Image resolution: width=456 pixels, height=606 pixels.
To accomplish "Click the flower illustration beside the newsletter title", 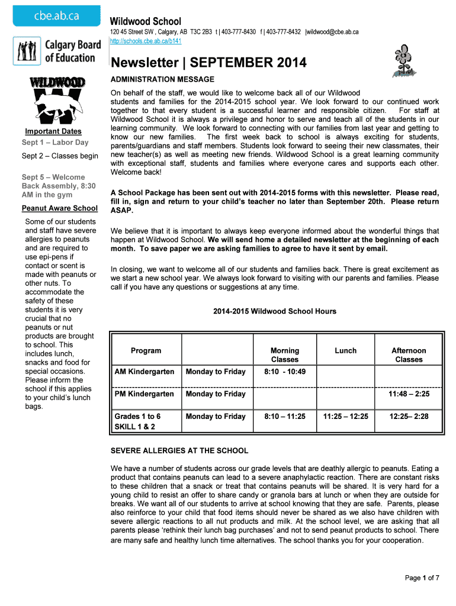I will [x=403, y=60].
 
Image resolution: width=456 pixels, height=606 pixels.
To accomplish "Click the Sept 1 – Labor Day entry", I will [x=55, y=143].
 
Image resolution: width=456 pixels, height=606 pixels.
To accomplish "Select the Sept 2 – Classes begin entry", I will [x=60, y=156].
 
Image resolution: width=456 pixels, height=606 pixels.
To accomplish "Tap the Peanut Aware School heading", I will [x=60, y=208].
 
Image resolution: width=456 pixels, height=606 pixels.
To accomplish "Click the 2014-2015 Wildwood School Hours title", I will [x=275, y=311].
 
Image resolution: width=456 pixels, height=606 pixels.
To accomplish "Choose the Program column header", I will [x=146, y=351].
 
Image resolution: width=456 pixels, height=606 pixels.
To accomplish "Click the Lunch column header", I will [x=346, y=351].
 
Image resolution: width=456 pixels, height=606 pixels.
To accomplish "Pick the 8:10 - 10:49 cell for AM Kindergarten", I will [x=285, y=372].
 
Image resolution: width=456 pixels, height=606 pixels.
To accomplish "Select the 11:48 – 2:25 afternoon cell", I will [x=409, y=394].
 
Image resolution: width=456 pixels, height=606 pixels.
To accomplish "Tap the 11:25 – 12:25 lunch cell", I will [x=346, y=417].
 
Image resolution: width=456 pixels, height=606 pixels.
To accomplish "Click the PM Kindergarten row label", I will [x=144, y=394].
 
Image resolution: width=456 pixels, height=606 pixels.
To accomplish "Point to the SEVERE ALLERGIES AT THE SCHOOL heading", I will [x=179, y=451].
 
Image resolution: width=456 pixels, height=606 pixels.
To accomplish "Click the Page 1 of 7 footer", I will [x=422, y=578].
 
